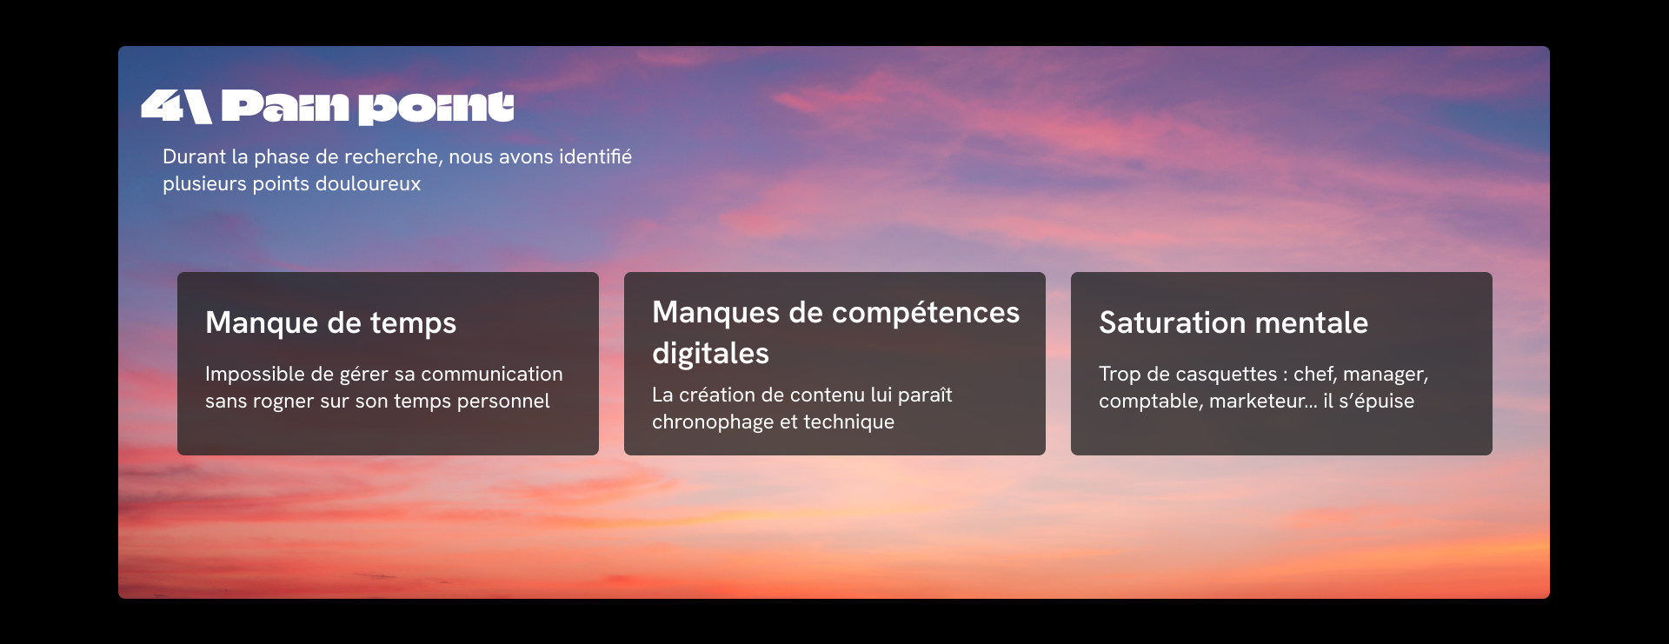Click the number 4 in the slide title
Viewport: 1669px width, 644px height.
tap(161, 106)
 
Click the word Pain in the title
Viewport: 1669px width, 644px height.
tap(285, 106)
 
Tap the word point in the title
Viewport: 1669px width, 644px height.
tap(436, 108)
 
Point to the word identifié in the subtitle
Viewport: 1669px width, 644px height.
tap(595, 156)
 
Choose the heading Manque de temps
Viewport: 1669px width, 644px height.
tap(330, 322)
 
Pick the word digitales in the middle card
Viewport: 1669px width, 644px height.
tap(710, 353)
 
